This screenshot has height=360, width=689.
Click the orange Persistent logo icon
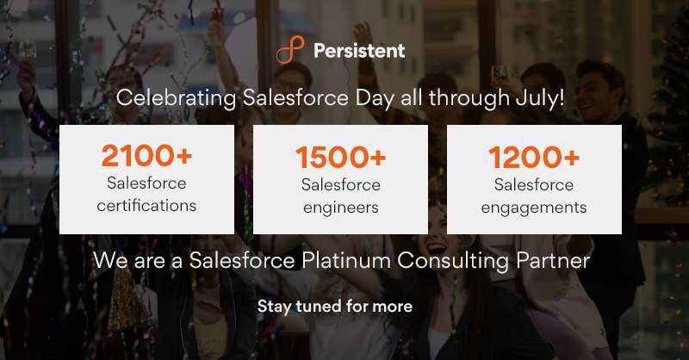tap(290, 50)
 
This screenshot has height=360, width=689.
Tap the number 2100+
tap(146, 157)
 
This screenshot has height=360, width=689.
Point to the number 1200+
tap(534, 157)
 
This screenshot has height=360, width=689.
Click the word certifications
tap(146, 206)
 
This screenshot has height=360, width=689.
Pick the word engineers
tap(340, 207)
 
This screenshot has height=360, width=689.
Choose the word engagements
tap(534, 207)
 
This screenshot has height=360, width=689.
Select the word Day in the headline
tap(372, 98)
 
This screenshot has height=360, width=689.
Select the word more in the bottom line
tap(394, 306)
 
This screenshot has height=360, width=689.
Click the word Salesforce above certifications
tap(146, 183)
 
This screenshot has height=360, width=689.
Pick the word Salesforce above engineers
tap(340, 184)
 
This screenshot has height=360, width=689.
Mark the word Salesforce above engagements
tap(534, 184)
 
